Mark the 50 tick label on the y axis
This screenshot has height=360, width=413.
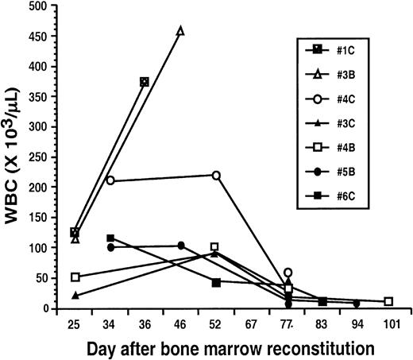click(x=51, y=278)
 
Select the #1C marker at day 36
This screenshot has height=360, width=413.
click(x=145, y=82)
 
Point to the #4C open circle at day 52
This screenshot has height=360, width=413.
click(x=215, y=175)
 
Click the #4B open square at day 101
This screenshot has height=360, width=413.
click(x=388, y=302)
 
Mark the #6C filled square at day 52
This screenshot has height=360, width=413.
click(x=215, y=282)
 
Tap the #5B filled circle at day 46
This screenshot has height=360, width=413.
click(x=180, y=246)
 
